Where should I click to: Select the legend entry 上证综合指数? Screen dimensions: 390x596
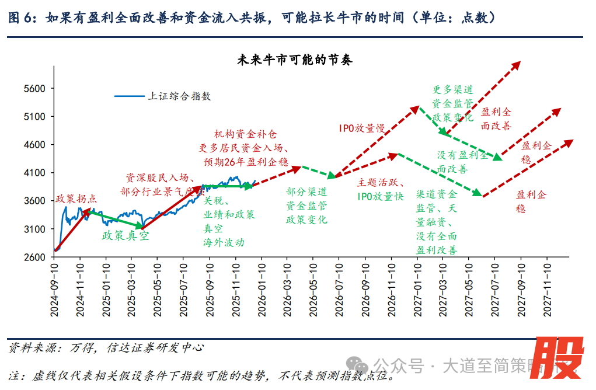pos(179,96)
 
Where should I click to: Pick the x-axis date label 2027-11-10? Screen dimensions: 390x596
pos(547,288)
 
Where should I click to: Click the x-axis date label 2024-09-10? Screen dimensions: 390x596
pos(54,288)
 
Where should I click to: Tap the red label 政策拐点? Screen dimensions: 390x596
pos(76,199)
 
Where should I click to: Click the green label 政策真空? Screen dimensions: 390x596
pos(125,236)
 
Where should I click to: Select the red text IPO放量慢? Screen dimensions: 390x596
pos(363,128)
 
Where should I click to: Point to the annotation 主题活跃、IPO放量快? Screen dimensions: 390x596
pos(380,190)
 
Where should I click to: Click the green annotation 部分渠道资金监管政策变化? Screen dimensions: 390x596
pos(306,206)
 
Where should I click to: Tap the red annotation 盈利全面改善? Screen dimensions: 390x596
pos(496,119)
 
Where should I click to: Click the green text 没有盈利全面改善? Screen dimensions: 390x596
pos(462,162)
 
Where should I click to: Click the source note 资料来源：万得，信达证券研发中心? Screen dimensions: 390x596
pos(106,348)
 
